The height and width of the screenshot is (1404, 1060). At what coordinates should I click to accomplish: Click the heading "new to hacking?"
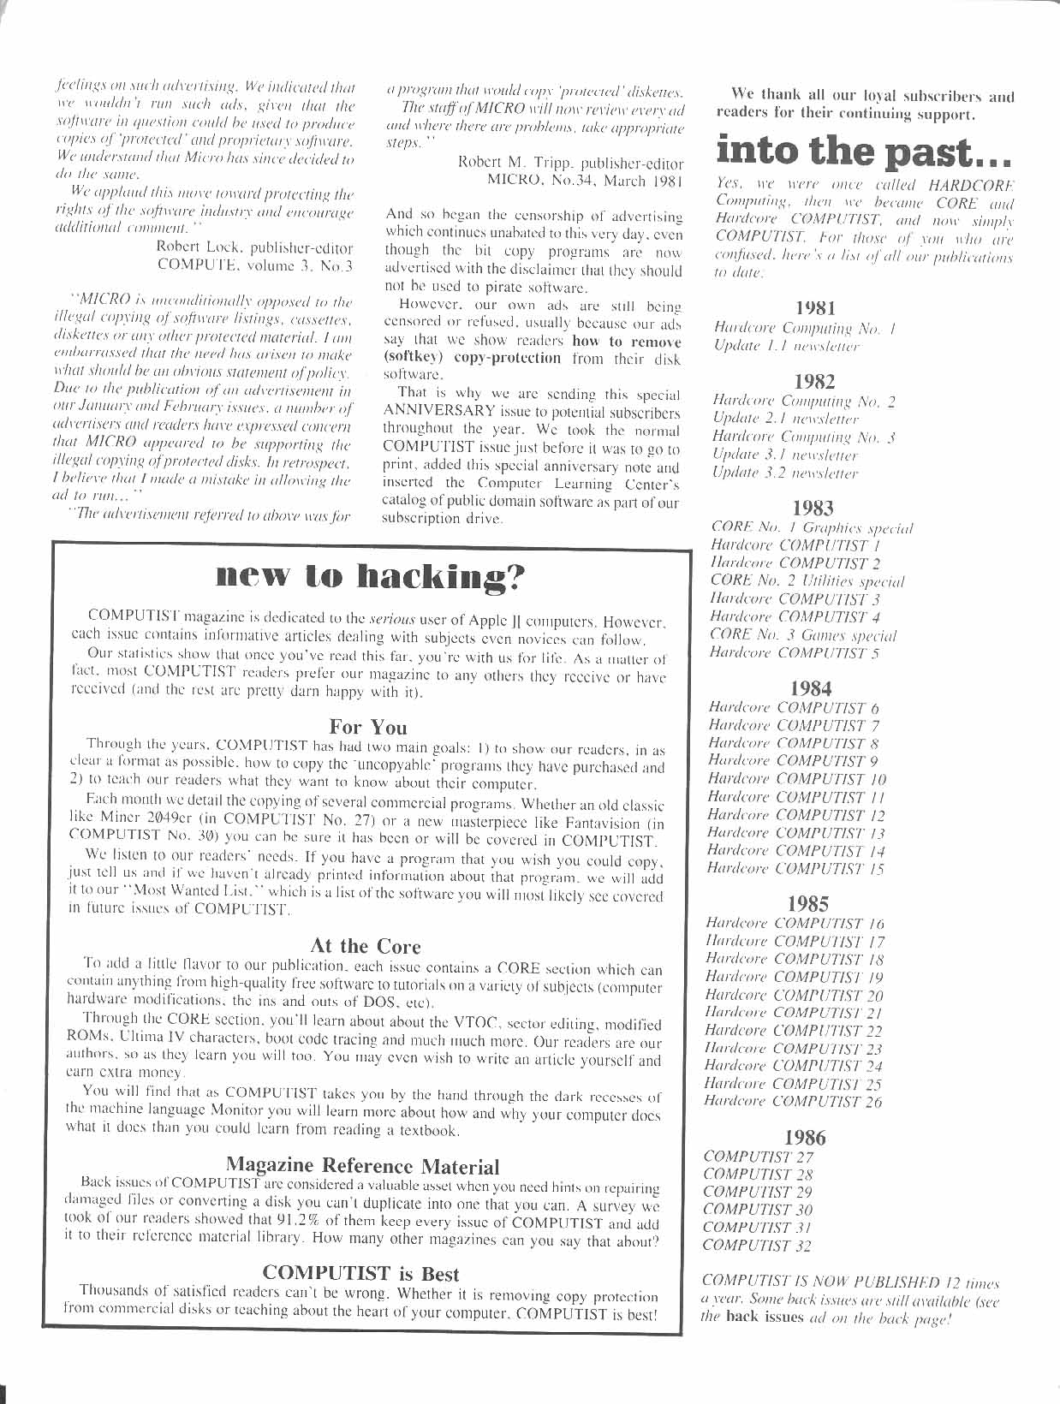370,578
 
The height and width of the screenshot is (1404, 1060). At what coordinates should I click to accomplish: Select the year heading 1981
815,306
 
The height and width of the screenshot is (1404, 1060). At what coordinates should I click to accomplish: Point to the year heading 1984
811,687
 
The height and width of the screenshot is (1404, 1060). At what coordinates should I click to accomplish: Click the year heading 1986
806,1137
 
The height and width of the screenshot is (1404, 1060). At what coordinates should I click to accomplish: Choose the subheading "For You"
368,727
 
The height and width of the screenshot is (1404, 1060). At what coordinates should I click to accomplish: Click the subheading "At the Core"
366,945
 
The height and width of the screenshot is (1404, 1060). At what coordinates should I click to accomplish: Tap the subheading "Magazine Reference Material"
362,1165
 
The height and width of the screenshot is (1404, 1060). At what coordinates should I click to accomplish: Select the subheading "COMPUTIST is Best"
360,1273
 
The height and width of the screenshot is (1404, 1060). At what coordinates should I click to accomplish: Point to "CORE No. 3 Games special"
803,635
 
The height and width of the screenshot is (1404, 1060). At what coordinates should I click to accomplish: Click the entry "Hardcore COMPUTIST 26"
792,1102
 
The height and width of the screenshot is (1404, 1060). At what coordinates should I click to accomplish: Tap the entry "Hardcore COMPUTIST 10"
796,779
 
